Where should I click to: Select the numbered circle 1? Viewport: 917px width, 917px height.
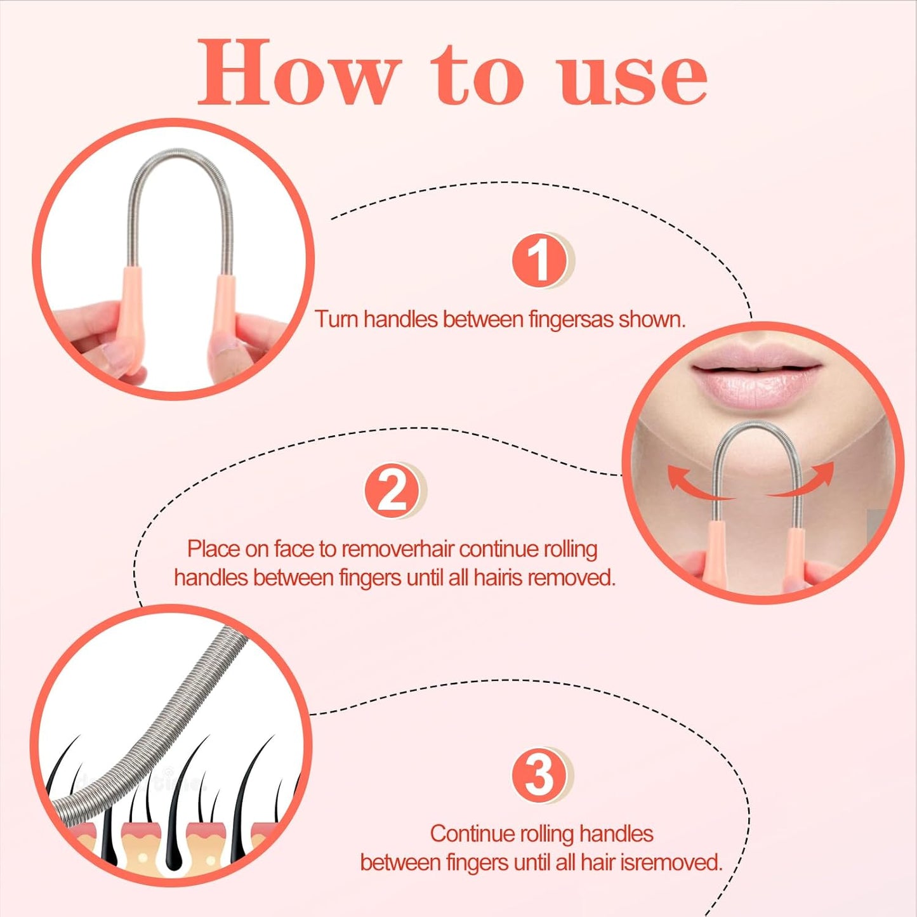tap(540, 260)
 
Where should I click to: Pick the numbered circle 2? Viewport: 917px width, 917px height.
tap(392, 490)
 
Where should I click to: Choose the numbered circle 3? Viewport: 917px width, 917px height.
tap(540, 775)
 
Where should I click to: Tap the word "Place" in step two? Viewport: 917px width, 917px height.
tap(213, 549)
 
